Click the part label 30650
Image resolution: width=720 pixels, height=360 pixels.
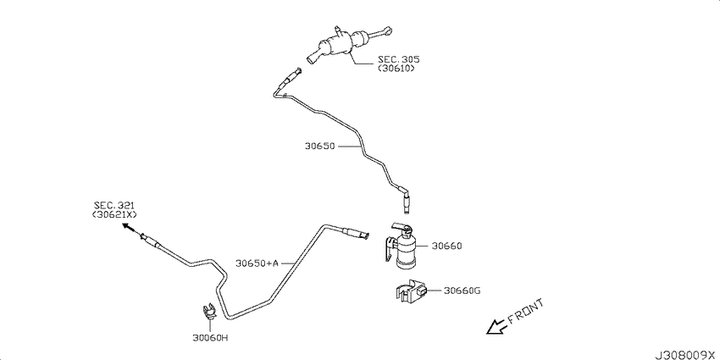pos(319,147)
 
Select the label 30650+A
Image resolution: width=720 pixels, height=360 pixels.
pos(257,263)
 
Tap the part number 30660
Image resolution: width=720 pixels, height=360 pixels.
pos(446,246)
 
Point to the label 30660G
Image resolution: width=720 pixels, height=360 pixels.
pos(462,291)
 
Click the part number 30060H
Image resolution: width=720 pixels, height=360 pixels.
pos(210,339)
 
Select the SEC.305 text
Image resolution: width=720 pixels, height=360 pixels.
pos(392,59)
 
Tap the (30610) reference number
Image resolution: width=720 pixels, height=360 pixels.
pos(396,68)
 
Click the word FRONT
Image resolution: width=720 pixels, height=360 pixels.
pos(526,313)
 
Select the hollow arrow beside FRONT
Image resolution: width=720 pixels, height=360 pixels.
pos(496,326)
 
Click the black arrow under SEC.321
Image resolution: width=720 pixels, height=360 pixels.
pos(130,229)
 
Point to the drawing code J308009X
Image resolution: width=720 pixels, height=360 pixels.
pos(686,355)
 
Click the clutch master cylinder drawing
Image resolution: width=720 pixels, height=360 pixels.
pos(349,45)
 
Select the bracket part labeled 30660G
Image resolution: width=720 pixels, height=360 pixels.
pos(412,292)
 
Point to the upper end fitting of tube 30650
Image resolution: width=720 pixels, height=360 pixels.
pos(291,78)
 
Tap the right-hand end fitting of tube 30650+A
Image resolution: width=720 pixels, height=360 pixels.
pos(355,232)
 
